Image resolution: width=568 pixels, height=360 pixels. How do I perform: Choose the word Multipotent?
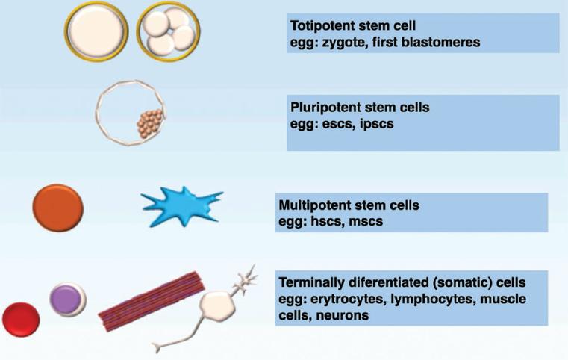click(x=312, y=204)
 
